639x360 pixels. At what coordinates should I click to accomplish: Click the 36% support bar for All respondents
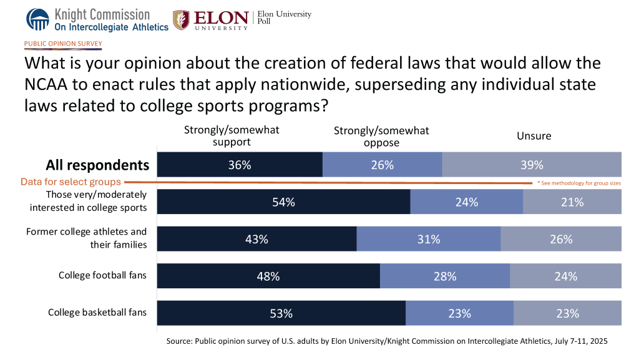click(240, 165)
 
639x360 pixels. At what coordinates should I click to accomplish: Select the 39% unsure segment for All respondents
click(532, 165)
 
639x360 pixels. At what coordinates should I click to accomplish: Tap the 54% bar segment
click(284, 202)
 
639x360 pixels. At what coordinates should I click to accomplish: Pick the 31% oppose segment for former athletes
click(429, 238)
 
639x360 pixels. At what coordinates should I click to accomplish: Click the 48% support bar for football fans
click(268, 276)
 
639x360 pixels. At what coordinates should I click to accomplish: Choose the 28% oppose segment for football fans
click(445, 276)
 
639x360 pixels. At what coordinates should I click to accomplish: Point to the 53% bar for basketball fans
click(281, 313)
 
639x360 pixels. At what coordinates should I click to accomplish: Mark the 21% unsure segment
click(572, 202)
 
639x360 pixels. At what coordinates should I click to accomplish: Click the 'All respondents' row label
click(97, 165)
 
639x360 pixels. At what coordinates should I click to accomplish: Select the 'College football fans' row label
click(103, 275)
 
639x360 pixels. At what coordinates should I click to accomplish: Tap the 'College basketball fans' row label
click(97, 312)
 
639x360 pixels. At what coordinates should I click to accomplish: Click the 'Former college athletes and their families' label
click(87, 238)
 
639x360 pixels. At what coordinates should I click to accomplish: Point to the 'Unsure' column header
click(534, 136)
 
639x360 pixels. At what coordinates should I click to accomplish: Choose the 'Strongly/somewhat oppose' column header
click(381, 136)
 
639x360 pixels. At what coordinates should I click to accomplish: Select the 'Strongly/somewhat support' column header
click(231, 135)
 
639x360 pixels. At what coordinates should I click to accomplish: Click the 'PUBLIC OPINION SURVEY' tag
click(62, 44)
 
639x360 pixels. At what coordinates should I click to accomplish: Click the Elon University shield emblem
click(182, 20)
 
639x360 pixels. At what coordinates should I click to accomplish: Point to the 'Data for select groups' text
click(70, 182)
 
